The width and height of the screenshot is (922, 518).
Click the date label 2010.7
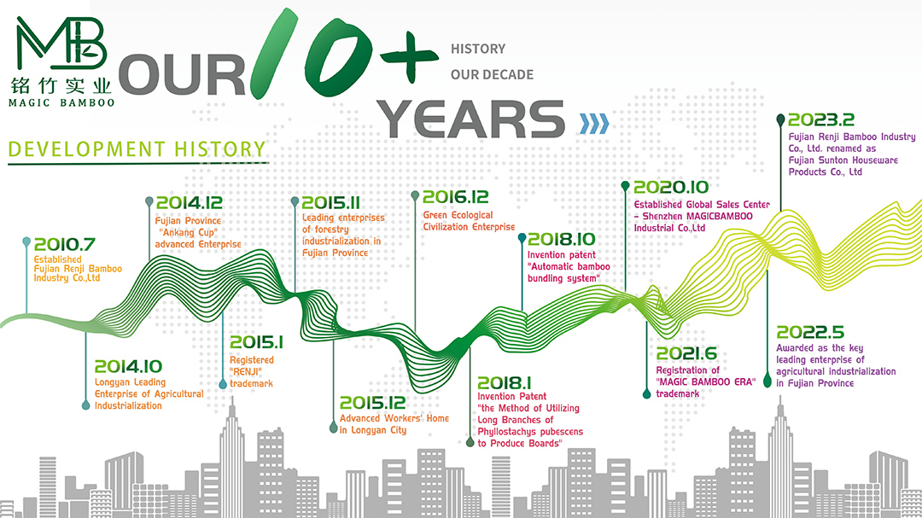click(x=64, y=244)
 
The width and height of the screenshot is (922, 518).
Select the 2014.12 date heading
click(x=190, y=203)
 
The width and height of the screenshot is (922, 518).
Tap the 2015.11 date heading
click(x=330, y=203)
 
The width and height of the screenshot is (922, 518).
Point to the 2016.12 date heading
click(x=456, y=197)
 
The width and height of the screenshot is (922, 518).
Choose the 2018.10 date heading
click(x=561, y=239)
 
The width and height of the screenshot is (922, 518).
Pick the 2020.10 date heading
click(x=671, y=188)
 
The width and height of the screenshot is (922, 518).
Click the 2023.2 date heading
click(x=821, y=120)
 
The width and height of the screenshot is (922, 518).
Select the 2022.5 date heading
click(x=809, y=332)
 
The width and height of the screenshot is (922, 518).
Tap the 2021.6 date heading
click(x=686, y=353)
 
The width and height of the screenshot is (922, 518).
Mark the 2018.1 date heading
click(x=504, y=383)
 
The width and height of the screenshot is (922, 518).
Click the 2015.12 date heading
click(x=373, y=403)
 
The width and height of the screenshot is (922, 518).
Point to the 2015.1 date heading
click(x=256, y=342)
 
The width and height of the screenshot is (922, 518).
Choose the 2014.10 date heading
click(x=128, y=366)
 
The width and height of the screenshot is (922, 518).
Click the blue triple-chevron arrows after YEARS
click(x=594, y=124)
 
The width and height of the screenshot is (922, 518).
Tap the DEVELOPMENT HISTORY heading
click(x=137, y=149)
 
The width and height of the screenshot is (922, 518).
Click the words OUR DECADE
click(x=493, y=75)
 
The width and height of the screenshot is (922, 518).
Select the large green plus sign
click(x=409, y=55)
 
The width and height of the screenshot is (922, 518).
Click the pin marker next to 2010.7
click(x=26, y=242)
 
